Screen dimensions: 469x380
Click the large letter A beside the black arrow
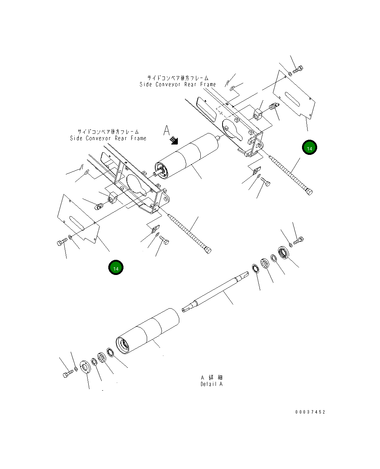click(167, 130)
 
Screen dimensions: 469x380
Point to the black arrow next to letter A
click(174, 140)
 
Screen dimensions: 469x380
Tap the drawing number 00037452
click(310, 412)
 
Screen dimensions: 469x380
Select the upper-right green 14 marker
click(309, 148)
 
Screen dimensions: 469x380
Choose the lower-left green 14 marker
click(116, 268)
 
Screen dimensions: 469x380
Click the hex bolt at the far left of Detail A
click(67, 375)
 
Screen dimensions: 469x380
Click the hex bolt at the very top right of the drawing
click(298, 69)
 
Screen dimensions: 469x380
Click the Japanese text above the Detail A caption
click(211, 377)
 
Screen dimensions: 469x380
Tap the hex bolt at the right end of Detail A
click(299, 241)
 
